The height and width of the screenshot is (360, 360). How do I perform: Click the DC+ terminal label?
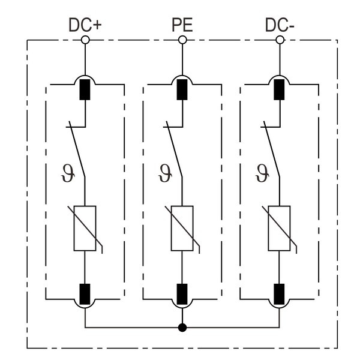85,26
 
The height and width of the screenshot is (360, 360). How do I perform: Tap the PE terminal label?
182,26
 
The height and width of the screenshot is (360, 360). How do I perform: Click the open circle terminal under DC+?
85,40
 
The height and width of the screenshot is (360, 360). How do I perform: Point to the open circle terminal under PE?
182,40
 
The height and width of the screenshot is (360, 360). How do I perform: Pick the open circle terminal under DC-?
279,40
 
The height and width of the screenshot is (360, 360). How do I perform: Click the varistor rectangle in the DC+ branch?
85,228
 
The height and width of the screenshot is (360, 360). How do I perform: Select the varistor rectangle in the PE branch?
182,228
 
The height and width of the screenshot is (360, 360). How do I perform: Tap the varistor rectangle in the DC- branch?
279,228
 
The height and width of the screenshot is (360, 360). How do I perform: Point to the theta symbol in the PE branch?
163,173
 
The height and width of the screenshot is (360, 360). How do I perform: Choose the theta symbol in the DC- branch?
260,173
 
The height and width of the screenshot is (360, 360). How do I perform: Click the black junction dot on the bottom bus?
182,328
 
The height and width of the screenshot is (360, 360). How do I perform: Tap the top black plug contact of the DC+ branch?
85,89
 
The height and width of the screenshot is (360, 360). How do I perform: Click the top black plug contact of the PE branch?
182,89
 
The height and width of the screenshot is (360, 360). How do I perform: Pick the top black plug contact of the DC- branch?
279,89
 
